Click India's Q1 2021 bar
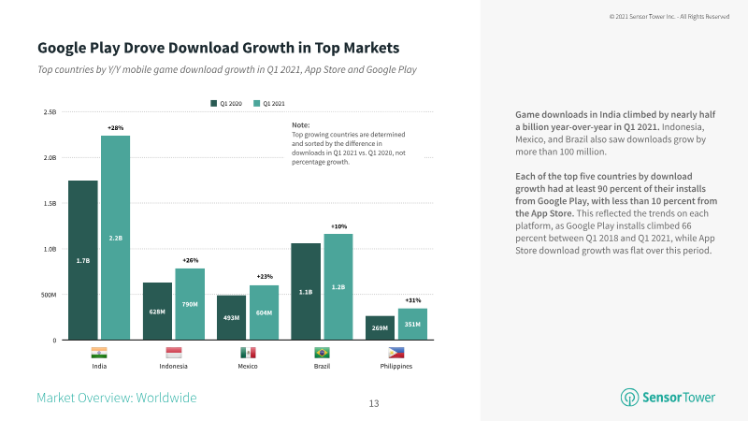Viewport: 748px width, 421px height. [x=115, y=238]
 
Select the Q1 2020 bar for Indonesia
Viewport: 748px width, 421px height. [x=157, y=312]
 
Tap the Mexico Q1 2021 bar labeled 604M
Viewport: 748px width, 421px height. [x=265, y=312]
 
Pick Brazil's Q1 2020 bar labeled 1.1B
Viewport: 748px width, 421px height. [x=306, y=292]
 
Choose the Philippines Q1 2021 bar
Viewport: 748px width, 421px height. [x=412, y=324]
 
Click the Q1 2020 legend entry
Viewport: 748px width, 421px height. [x=226, y=104]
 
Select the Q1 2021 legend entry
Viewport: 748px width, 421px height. [x=269, y=104]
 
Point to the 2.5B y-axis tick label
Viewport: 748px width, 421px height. [x=50, y=112]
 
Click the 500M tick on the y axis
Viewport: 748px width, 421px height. [x=49, y=295]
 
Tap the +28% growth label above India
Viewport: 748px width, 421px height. [x=115, y=128]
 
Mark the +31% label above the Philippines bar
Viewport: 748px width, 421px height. [x=413, y=300]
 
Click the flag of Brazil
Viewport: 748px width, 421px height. [x=322, y=353]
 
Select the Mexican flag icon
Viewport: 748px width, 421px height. [x=248, y=353]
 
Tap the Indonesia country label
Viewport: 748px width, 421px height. [x=174, y=366]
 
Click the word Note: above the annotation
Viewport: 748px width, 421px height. [x=301, y=125]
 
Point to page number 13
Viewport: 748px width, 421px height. [x=374, y=404]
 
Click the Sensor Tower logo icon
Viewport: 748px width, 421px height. [x=629, y=397]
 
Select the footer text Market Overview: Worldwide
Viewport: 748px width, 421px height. [x=117, y=398]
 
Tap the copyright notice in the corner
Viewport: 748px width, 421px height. [x=669, y=17]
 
